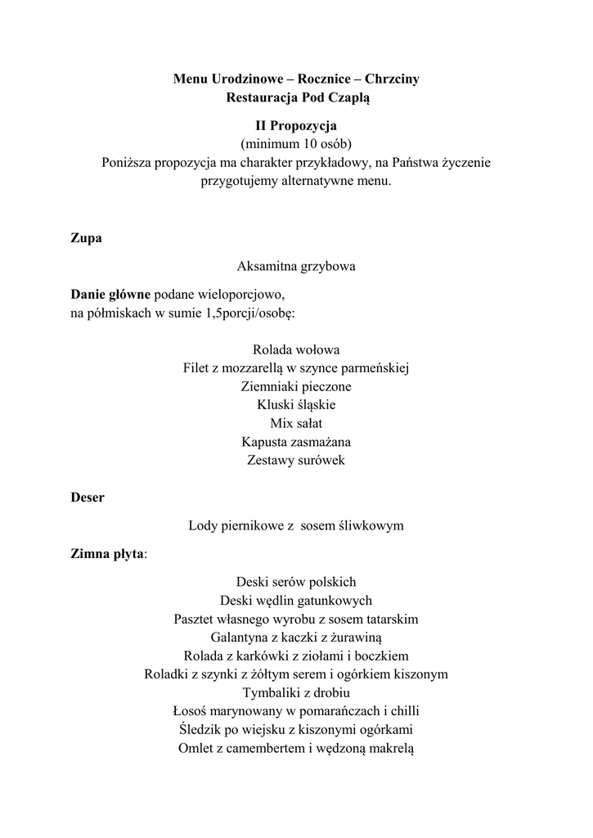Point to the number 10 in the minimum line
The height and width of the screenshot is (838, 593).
(307, 144)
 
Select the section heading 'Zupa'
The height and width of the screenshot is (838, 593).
(86, 238)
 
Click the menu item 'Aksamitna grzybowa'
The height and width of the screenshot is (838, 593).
(296, 266)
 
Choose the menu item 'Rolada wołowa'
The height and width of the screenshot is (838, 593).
(296, 349)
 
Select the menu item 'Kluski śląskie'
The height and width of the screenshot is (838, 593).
(296, 404)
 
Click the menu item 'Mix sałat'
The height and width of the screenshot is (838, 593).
(296, 423)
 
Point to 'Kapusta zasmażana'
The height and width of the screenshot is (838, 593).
(296, 442)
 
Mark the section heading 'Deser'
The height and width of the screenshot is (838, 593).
(88, 498)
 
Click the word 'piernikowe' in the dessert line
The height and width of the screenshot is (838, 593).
(252, 525)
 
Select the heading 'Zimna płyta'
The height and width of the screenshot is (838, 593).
(107, 554)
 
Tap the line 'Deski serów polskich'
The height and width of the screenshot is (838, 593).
(296, 583)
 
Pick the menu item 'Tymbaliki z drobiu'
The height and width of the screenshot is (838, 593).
(296, 692)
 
